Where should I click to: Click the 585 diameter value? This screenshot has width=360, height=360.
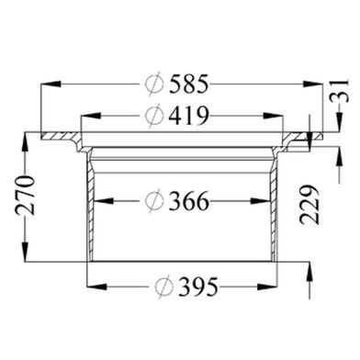pyautogui.click(x=189, y=84)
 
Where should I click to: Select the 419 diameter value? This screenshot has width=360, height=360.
pyautogui.click(x=189, y=116)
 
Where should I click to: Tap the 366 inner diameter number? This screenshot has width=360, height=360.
pyautogui.click(x=189, y=201)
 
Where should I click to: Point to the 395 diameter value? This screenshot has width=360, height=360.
pyautogui.click(x=198, y=287)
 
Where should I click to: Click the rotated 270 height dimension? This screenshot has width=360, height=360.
pyautogui.click(x=26, y=195)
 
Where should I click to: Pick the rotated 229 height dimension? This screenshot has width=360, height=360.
pyautogui.click(x=309, y=205)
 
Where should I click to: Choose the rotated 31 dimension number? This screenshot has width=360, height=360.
pyautogui.click(x=339, y=91)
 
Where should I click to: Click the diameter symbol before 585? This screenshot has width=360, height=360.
pyautogui.click(x=154, y=84)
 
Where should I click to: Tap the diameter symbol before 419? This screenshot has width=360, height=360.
pyautogui.click(x=154, y=116)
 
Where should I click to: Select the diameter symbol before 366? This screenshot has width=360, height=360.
pyautogui.click(x=154, y=201)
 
